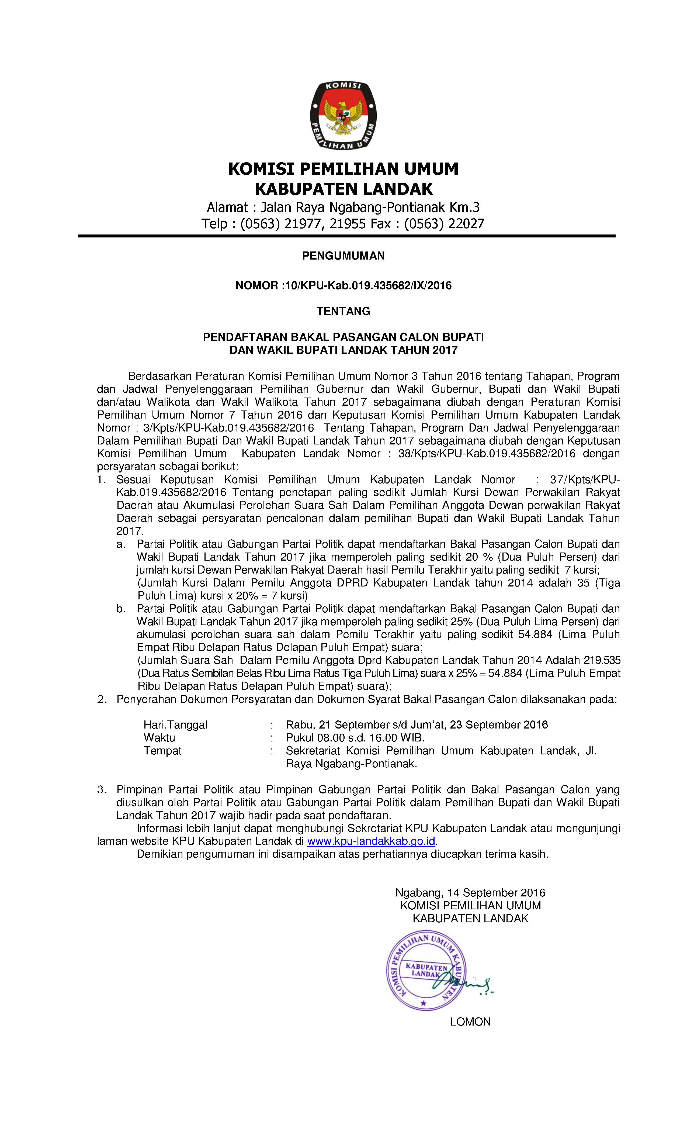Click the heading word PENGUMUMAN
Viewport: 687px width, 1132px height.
(343, 256)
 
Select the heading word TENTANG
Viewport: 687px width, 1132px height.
(343, 312)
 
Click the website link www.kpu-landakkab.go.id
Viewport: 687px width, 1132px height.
(371, 841)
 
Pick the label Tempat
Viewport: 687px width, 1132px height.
(162, 751)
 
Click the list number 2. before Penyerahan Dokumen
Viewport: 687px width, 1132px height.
(102, 700)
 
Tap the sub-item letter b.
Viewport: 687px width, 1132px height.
(121, 609)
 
